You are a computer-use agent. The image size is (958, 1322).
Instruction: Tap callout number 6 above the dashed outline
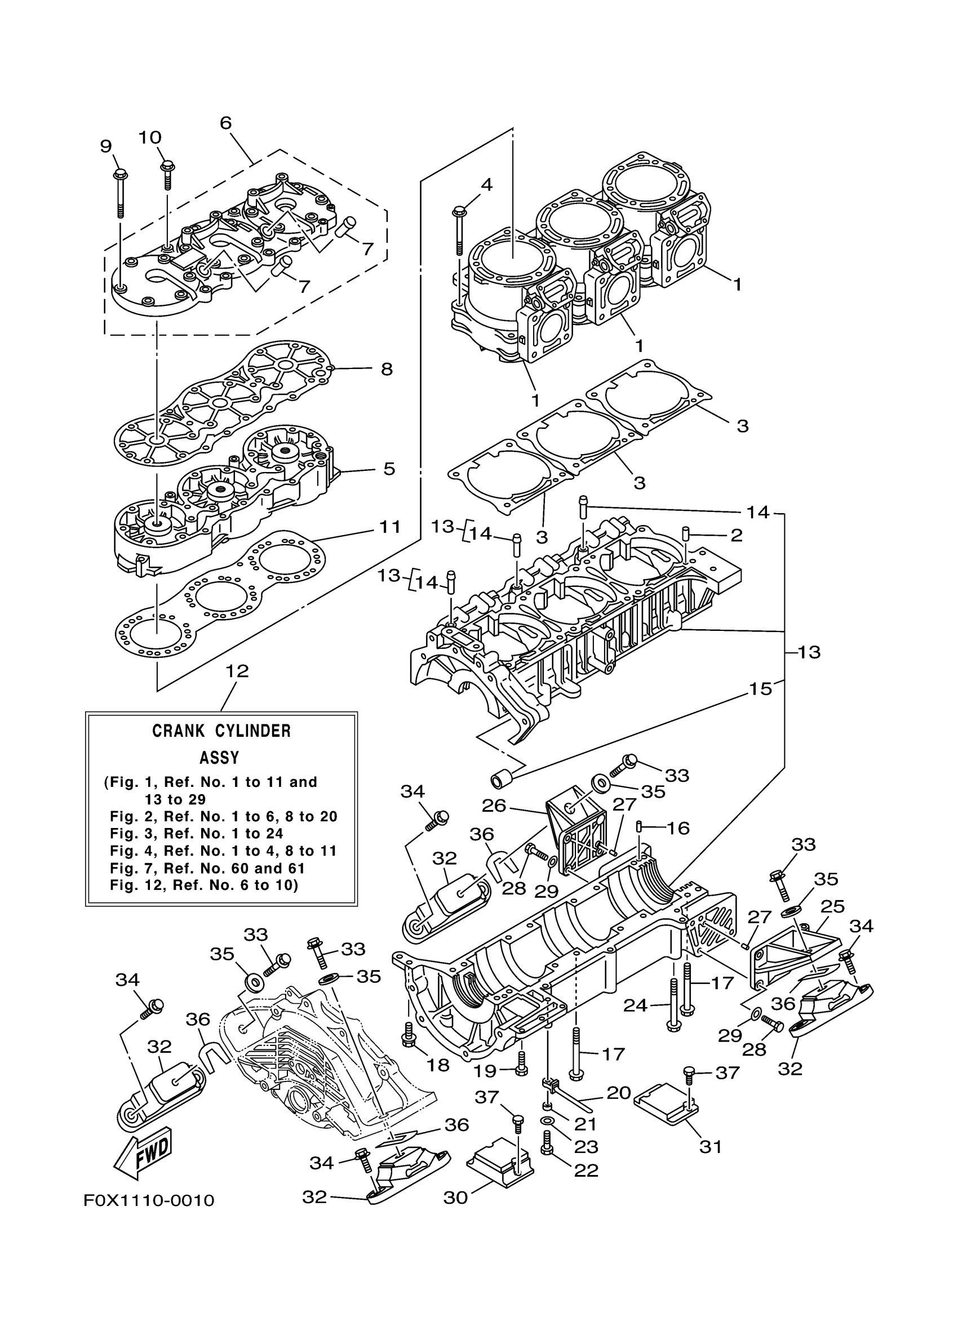tap(225, 123)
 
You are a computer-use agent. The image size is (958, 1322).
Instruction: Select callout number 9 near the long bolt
tap(106, 146)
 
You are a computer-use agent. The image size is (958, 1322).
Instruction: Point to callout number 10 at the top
tap(150, 137)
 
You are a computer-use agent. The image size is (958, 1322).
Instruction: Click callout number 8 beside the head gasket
tap(387, 369)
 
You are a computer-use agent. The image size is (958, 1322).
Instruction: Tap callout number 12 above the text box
tap(237, 671)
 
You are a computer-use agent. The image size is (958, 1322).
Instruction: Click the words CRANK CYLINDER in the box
tap(221, 731)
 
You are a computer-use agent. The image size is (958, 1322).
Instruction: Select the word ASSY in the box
tap(219, 758)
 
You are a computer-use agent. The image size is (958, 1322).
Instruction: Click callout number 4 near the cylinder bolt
tap(487, 185)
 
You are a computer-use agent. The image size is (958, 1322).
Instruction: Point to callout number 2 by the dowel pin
tap(737, 535)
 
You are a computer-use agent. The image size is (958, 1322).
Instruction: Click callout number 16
tap(677, 827)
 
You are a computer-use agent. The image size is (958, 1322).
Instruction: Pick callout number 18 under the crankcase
tap(438, 1065)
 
